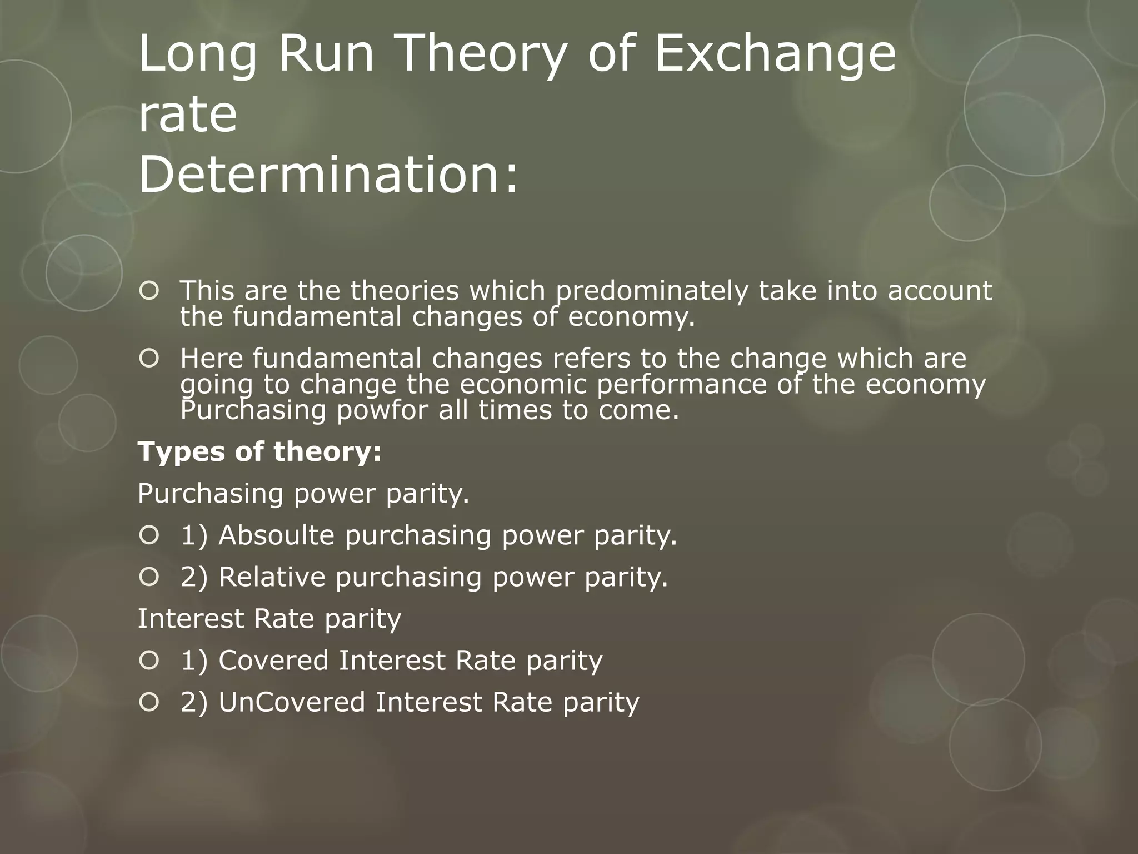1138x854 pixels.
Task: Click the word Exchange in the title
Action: [776, 54]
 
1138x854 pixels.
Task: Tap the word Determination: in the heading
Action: [328, 173]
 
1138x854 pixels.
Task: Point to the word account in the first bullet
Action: [940, 291]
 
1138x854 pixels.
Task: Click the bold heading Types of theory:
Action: [259, 451]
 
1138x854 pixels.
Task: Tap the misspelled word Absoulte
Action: [277, 535]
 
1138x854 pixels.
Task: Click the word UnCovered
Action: [292, 702]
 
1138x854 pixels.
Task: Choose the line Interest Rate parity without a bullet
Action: [269, 618]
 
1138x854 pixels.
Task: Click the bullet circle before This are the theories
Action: [149, 291]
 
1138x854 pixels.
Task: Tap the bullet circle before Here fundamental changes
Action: [149, 359]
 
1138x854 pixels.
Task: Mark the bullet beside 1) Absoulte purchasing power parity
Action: [149, 535]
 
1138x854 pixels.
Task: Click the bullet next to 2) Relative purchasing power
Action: [149, 577]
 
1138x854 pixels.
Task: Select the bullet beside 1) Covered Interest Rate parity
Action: [149, 660]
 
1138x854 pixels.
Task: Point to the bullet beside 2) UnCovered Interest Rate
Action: [149, 702]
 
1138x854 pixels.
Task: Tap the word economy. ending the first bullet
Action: [631, 317]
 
